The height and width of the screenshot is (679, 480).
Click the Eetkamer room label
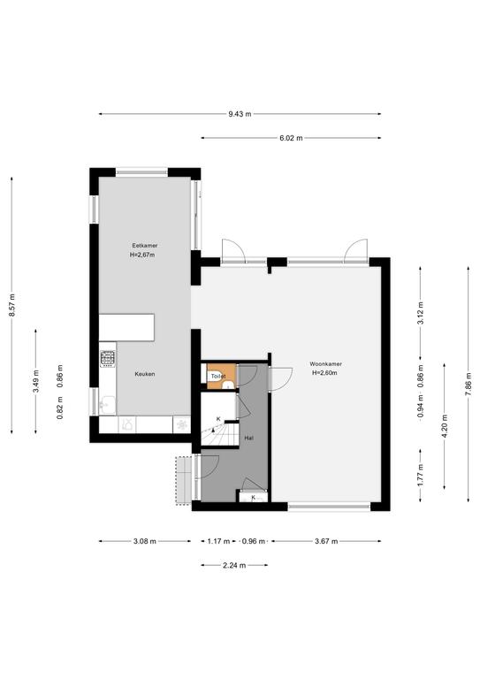pyautogui.click(x=145, y=246)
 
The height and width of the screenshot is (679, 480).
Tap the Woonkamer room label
pyautogui.click(x=325, y=364)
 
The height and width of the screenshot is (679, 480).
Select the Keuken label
pyautogui.click(x=145, y=374)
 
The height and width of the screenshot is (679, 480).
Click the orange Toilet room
pyautogui.click(x=221, y=377)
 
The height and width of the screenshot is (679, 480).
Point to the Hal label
pyautogui.click(x=249, y=439)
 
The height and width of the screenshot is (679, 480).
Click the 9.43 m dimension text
pyautogui.click(x=240, y=114)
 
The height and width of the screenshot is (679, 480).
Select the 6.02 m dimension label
pyautogui.click(x=291, y=138)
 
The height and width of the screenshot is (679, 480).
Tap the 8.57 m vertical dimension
pyautogui.click(x=12, y=305)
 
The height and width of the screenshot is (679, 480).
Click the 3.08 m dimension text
pyautogui.click(x=145, y=541)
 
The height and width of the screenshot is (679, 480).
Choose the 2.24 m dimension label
pyautogui.click(x=234, y=566)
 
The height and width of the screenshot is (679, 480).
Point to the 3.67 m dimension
pyautogui.click(x=326, y=541)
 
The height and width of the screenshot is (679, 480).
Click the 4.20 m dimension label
pyautogui.click(x=445, y=425)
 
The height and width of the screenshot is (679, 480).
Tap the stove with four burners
pyautogui.click(x=108, y=359)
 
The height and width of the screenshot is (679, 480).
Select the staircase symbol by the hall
pyautogui.click(x=220, y=433)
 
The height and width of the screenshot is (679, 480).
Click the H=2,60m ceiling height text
pyautogui.click(x=324, y=373)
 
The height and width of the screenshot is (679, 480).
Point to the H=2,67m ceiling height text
pyautogui.click(x=142, y=255)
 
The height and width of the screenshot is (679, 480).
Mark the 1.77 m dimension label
pyautogui.click(x=420, y=475)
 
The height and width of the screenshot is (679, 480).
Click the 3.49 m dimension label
pyautogui.click(x=36, y=381)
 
